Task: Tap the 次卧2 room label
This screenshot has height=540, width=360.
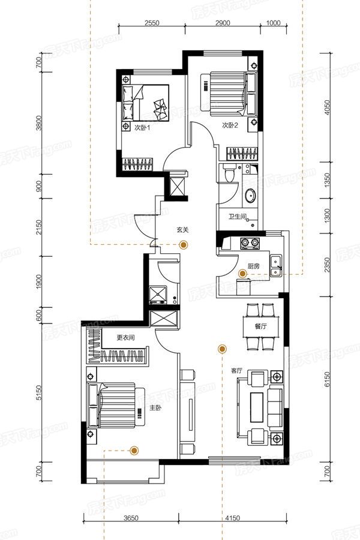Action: click(229, 125)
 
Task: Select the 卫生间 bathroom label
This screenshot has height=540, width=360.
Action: click(238, 217)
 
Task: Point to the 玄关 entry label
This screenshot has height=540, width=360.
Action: click(183, 230)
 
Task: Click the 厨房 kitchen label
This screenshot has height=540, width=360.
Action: click(254, 266)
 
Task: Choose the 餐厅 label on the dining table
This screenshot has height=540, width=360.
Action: click(261, 326)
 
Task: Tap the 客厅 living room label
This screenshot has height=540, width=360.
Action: click(236, 371)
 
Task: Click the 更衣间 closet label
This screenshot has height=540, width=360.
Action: click(125, 337)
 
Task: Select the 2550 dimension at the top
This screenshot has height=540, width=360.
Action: click(152, 23)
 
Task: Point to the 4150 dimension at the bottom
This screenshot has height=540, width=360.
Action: click(233, 518)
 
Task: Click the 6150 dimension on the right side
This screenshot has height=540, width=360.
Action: click(327, 379)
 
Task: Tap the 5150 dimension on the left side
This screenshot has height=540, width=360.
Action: click(39, 392)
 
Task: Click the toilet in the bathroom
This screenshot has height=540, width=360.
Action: click(228, 173)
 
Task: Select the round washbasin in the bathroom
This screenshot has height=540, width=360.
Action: click(250, 196)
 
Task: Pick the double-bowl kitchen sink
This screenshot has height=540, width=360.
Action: click(276, 266)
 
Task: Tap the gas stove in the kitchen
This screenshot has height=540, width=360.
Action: click(250, 243)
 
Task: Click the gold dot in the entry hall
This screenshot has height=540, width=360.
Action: click(184, 245)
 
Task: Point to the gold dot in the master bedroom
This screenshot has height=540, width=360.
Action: click(134, 450)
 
